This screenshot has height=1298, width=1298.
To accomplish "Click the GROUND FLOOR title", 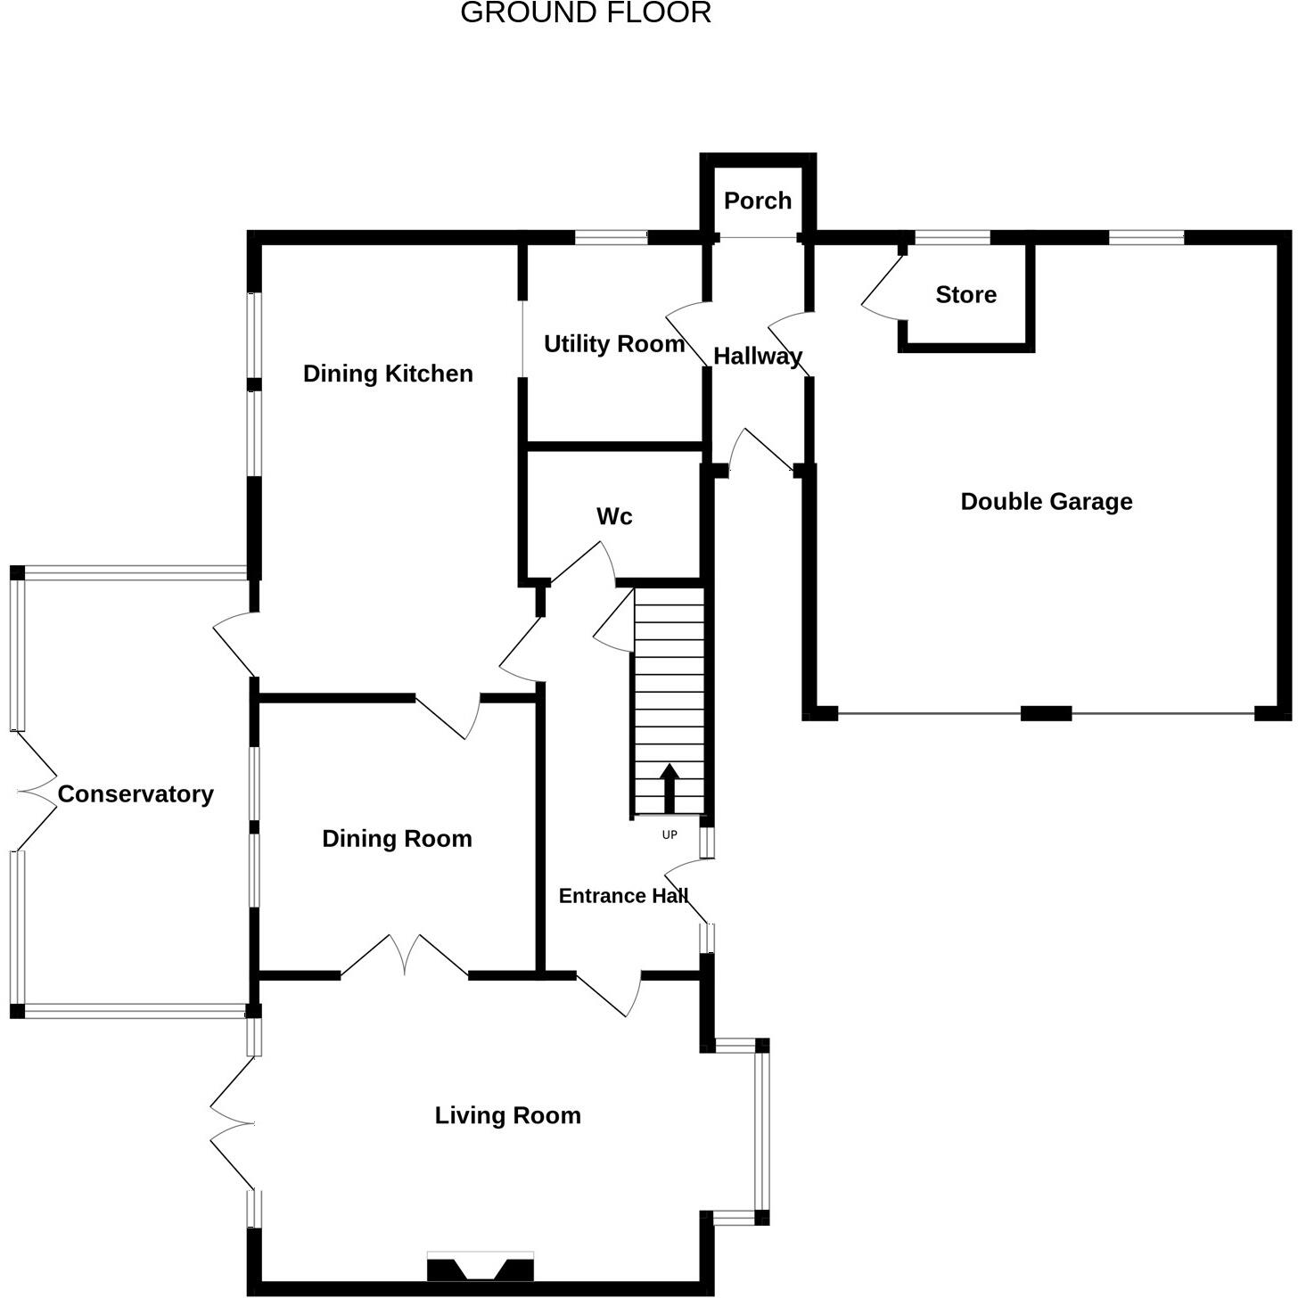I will click(586, 13).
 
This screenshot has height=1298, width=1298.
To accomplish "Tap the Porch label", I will click(758, 201).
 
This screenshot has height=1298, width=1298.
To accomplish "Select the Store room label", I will click(965, 295).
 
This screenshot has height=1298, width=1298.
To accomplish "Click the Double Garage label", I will click(1046, 502).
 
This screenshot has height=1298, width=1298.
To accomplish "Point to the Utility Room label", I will click(613, 344).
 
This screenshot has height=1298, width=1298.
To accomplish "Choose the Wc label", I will click(614, 517).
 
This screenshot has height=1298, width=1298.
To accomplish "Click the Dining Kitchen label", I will click(388, 374).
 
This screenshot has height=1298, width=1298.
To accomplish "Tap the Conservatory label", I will click(136, 794).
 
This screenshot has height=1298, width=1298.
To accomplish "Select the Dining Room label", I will click(397, 839).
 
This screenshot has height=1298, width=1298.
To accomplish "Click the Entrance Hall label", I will click(623, 896).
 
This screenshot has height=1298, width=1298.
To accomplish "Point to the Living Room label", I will click(507, 1116).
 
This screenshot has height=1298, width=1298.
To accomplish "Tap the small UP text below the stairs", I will click(670, 835).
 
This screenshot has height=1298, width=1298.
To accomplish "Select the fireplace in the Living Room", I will click(481, 1267).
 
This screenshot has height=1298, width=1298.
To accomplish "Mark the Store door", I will click(882, 286).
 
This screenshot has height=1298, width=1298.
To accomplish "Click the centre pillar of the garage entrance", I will click(1046, 713).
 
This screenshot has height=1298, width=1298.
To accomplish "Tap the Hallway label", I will click(758, 357).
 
